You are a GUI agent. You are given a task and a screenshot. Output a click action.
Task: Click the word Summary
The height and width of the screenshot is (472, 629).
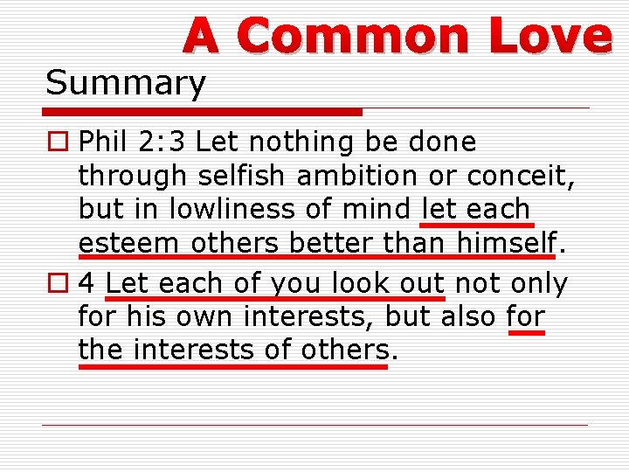tap(126, 84)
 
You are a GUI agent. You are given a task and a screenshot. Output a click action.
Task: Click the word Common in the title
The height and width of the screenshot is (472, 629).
tap(352, 36)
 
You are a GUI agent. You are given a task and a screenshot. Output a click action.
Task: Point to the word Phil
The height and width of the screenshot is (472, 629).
tap(100, 142)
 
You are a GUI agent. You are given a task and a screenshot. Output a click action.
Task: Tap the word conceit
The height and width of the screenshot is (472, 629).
tap(521, 176)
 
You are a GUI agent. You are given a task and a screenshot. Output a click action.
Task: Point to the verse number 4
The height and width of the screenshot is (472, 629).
tap(86, 284)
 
